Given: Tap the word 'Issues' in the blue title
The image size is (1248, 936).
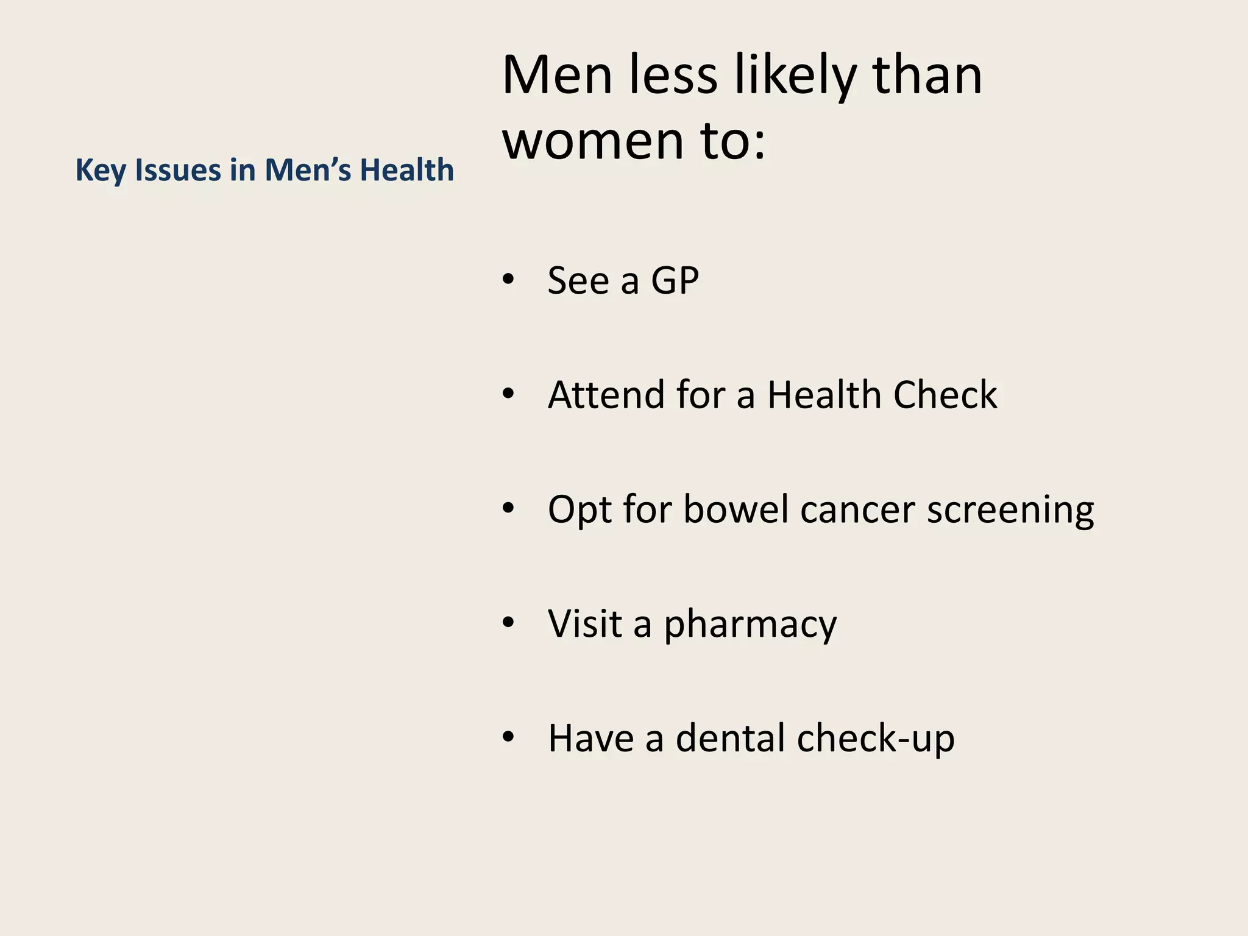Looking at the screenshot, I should [x=178, y=170].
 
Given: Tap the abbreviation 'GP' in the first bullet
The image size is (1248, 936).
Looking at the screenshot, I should [x=675, y=281].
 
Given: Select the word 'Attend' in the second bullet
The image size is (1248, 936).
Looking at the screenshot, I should [x=606, y=395].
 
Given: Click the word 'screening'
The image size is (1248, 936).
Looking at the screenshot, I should [x=1010, y=510].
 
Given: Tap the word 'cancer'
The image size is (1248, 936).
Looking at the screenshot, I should [x=857, y=510].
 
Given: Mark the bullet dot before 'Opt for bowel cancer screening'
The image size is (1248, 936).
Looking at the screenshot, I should [x=509, y=508].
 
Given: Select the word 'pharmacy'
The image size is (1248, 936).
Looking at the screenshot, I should [x=750, y=625].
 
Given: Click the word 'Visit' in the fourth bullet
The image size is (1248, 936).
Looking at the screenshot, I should [x=584, y=623].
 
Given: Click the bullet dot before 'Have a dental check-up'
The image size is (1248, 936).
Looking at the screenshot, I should [x=509, y=737].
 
